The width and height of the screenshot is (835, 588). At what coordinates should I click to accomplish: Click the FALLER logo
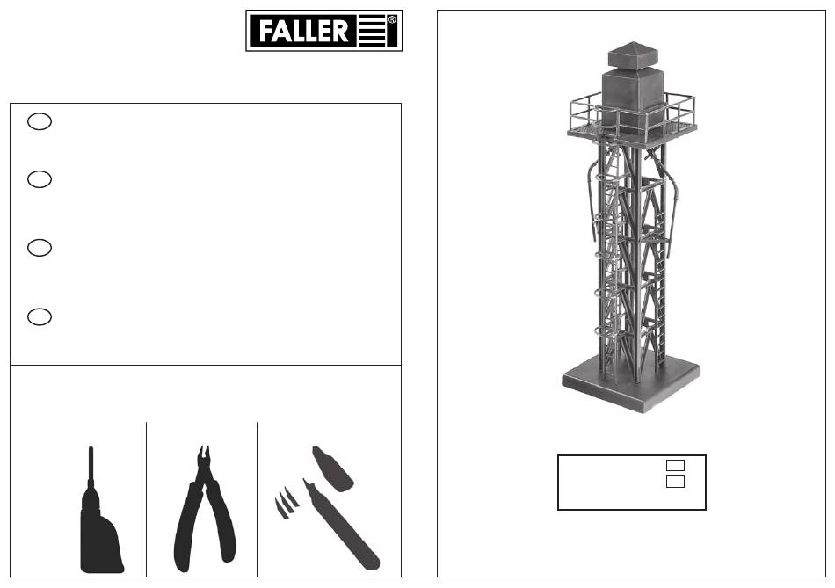point(323,31)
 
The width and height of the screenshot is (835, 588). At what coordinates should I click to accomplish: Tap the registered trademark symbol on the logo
point(392,20)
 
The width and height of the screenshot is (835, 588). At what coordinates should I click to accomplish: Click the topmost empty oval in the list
point(40,121)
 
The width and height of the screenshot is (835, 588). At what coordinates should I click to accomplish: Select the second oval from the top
point(40,179)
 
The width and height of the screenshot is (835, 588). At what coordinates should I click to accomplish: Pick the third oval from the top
point(40,248)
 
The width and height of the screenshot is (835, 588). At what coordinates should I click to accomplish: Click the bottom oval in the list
point(40,316)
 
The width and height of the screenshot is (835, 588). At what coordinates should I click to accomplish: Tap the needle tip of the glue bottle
point(91,448)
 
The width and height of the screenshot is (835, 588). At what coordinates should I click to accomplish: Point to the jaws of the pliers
point(203,457)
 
